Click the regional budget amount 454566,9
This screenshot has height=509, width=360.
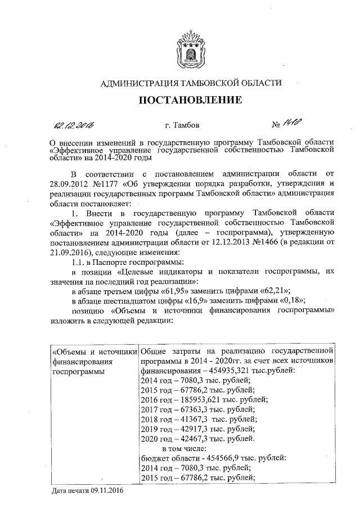point(218,457)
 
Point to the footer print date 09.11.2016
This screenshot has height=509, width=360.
point(104,490)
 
